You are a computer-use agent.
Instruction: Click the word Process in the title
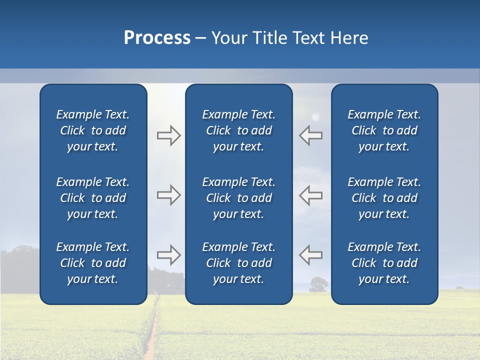pyautogui.click(x=157, y=38)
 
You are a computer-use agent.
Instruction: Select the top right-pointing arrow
pyautogui.click(x=168, y=135)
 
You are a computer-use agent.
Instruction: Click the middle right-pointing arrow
pyautogui.click(x=168, y=194)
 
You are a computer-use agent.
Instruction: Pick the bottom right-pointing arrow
pyautogui.click(x=168, y=254)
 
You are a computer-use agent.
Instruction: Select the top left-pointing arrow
pyautogui.click(x=310, y=135)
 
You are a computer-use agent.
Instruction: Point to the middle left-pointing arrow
pyautogui.click(x=310, y=194)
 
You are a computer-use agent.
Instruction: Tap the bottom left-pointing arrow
pyautogui.click(x=310, y=254)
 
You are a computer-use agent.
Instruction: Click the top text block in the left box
pyautogui.click(x=93, y=130)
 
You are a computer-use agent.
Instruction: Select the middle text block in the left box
pyautogui.click(x=93, y=198)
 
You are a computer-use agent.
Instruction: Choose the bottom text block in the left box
pyautogui.click(x=93, y=263)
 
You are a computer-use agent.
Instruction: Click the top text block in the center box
pyautogui.click(x=238, y=130)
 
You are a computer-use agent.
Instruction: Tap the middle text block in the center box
pyautogui.click(x=238, y=198)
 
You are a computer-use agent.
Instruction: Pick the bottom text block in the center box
pyautogui.click(x=238, y=263)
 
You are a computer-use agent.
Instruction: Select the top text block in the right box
pyautogui.click(x=384, y=130)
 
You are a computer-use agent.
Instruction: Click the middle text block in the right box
pyautogui.click(x=384, y=198)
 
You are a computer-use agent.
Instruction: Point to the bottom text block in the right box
pyautogui.click(x=384, y=263)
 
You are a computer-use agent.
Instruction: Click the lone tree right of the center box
pyautogui.click(x=318, y=284)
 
